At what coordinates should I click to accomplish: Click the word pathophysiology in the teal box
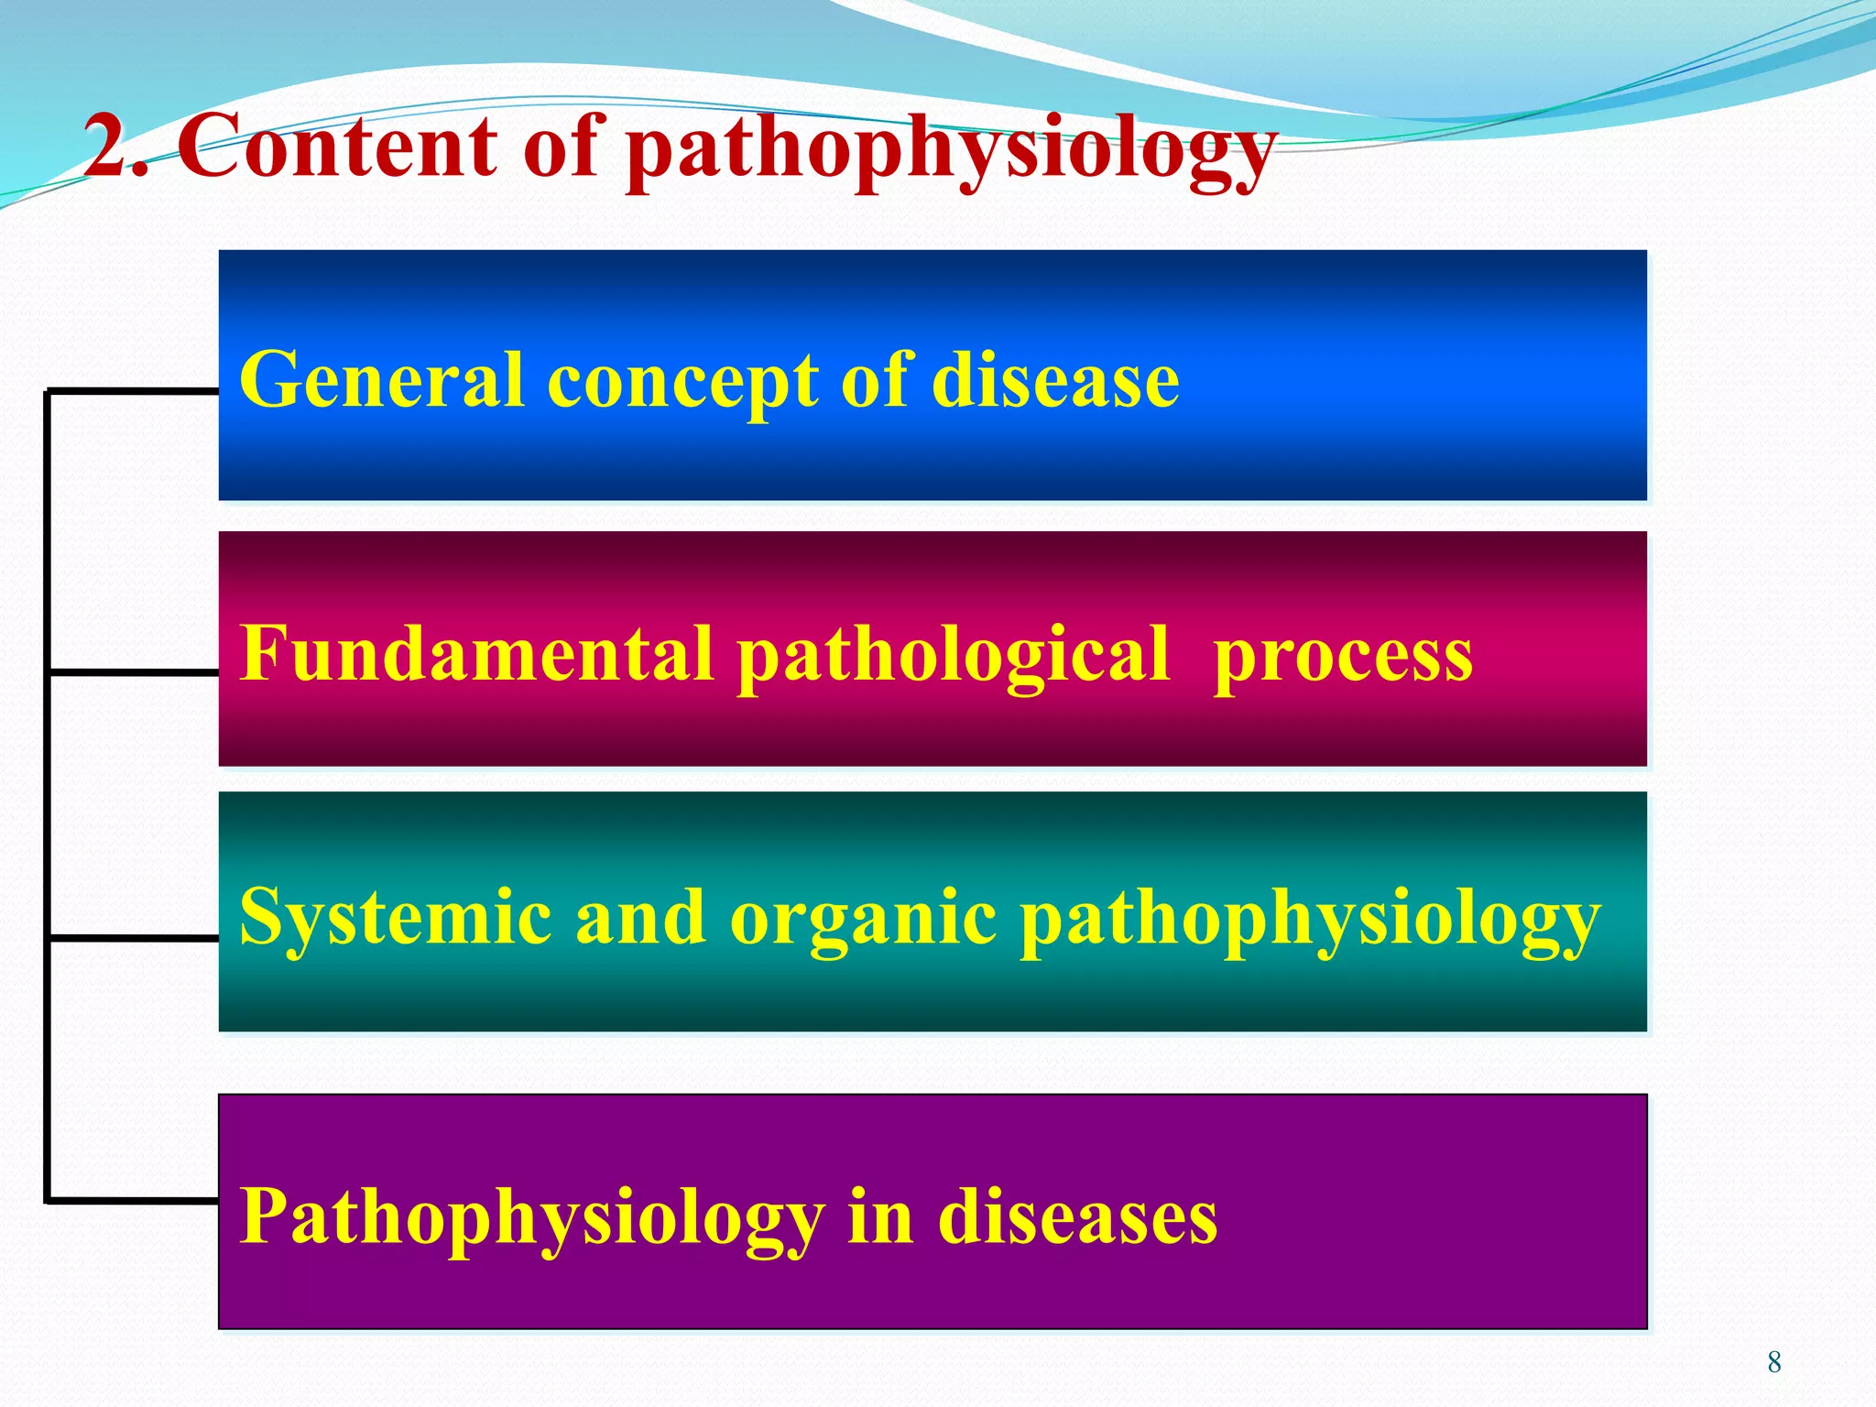pyautogui.click(x=1310, y=920)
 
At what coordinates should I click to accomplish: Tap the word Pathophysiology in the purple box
pyautogui.click(x=531, y=1218)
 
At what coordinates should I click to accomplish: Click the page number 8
pyautogui.click(x=1774, y=1362)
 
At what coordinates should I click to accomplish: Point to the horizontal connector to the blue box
pyautogui.click(x=133, y=391)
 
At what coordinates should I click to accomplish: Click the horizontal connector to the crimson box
pyautogui.click(x=133, y=672)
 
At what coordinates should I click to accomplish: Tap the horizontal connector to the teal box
pyautogui.click(x=133, y=938)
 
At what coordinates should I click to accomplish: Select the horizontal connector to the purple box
pyautogui.click(x=133, y=1200)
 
